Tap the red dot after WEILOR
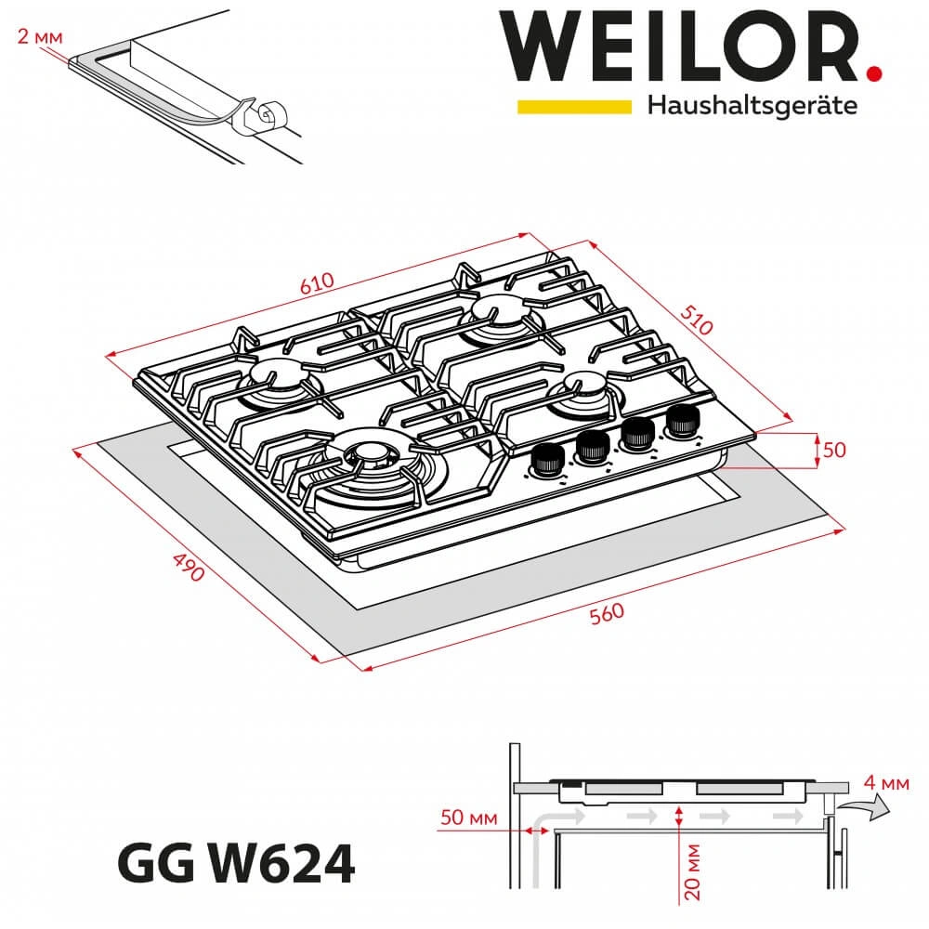873,74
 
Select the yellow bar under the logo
574,107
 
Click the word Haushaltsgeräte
752,106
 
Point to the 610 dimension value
317,283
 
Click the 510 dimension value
696,320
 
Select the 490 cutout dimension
189,567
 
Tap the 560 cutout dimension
607,613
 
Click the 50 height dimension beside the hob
834,450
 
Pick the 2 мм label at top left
40,37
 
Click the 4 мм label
885,782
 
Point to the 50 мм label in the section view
468,818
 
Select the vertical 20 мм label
691,872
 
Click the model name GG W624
236,864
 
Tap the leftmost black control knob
544,460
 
